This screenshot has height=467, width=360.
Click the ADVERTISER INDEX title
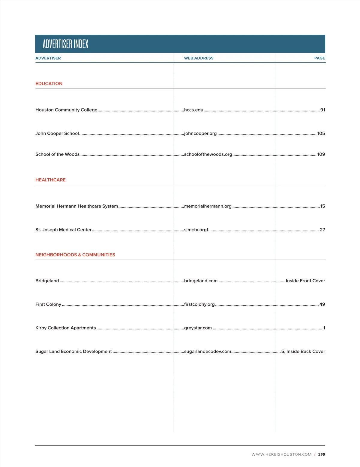(65, 44)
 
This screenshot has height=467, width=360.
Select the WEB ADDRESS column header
(199, 58)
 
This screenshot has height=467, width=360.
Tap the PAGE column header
(319, 58)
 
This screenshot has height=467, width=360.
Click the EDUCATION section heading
(49, 84)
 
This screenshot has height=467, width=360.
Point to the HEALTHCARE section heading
(50, 180)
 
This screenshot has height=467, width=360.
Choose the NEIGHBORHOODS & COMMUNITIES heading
(75, 255)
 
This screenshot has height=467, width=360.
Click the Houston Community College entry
(66, 110)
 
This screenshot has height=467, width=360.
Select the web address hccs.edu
(193, 110)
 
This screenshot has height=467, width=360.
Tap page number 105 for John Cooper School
(321, 133)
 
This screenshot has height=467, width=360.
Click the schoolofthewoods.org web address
(208, 154)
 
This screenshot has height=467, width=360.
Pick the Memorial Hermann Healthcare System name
(76, 206)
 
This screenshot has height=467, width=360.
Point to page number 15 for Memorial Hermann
(322, 206)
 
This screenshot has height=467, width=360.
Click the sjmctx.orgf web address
(196, 230)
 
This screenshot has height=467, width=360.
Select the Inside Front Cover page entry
(305, 281)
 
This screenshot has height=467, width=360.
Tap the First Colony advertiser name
(48, 305)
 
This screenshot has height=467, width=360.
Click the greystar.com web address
(198, 328)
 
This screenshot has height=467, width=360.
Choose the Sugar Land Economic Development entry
(73, 352)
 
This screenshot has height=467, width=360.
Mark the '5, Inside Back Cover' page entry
(303, 352)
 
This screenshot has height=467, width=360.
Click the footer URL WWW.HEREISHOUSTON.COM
(281, 454)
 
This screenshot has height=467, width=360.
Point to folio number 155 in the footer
(322, 454)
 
